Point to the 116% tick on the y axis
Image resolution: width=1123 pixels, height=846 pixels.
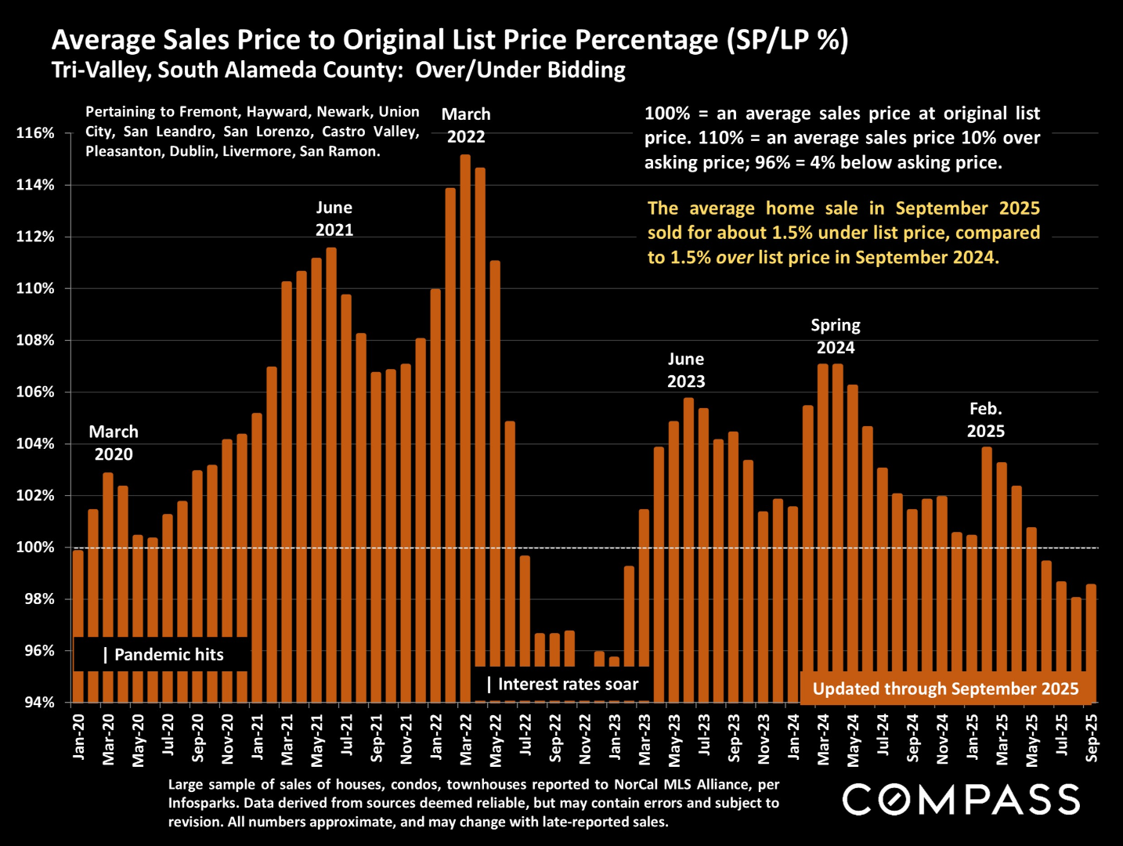pos(36,133)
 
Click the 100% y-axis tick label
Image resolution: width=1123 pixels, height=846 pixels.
pos(36,548)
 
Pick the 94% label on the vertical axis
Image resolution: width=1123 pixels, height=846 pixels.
pos(36,703)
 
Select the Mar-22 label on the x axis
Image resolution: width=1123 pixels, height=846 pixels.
pos(466,739)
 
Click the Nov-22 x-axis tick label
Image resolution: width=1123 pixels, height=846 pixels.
pos(586,739)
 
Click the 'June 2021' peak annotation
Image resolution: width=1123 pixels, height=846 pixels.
pos(334,219)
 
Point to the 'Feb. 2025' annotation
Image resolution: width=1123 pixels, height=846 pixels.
pos(985,420)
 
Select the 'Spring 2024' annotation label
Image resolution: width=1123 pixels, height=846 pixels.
pos(836,336)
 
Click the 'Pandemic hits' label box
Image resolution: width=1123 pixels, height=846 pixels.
pos(162,655)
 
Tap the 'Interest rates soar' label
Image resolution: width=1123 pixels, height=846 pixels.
pos(562,685)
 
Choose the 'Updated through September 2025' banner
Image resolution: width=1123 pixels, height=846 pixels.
pos(945,689)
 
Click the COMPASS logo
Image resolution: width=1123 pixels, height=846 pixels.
pos(962,800)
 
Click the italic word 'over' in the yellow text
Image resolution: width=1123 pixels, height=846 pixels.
pos(735,258)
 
